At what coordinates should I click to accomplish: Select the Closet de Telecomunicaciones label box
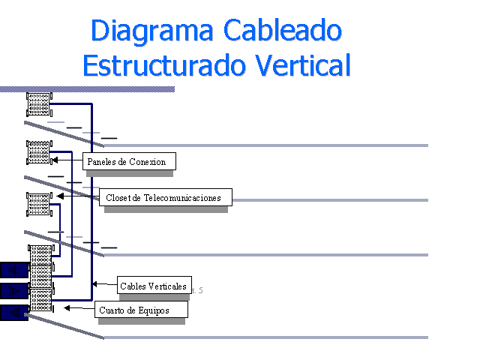point(164,198)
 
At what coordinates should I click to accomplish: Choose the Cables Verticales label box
point(153,286)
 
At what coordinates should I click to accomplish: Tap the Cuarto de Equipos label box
point(140,310)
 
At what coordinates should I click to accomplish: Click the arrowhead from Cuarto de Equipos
point(67,307)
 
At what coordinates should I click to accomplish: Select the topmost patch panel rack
point(39,103)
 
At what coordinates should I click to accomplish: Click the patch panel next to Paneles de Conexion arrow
point(39,152)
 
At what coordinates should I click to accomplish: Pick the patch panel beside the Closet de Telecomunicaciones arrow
point(38,205)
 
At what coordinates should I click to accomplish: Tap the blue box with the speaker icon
point(13,269)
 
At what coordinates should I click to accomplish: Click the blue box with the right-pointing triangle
point(13,290)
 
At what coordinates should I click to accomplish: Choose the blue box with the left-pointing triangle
point(13,312)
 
